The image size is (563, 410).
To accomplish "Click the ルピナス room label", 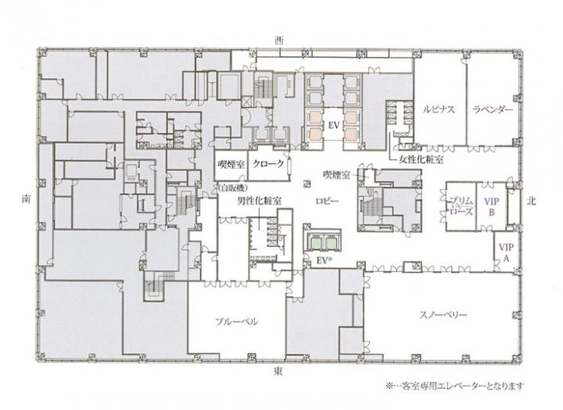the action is tap(439, 109).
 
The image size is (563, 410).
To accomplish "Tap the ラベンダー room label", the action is tap(493, 109).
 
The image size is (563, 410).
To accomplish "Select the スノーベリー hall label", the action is tap(443, 315).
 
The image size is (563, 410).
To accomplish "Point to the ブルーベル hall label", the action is tap(237, 322).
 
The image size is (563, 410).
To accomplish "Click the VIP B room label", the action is tap(492, 207).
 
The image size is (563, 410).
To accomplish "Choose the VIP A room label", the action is tap(506, 252).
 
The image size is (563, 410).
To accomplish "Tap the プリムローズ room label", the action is tap(461, 206).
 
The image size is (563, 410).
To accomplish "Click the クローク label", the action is tap(268, 164).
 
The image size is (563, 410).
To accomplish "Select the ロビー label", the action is tap(327, 201).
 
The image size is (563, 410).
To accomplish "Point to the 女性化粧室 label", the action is tap(421, 159).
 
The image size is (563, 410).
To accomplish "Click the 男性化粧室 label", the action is tap(260, 201).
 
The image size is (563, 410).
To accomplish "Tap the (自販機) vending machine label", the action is tap(232, 187).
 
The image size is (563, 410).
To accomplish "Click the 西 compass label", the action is tap(278, 41).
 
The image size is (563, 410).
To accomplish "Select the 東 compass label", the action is tap(278, 371).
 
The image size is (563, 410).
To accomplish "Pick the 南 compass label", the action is tap(27, 199).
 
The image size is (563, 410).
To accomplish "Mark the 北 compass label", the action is tap(532, 201).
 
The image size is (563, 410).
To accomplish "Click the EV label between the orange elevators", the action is tap(334, 126).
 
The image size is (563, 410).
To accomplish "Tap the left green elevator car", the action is tap(317, 244).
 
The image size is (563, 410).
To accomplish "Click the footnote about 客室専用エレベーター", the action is tap(455, 386).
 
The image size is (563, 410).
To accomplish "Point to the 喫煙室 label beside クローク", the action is tap(231, 164).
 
